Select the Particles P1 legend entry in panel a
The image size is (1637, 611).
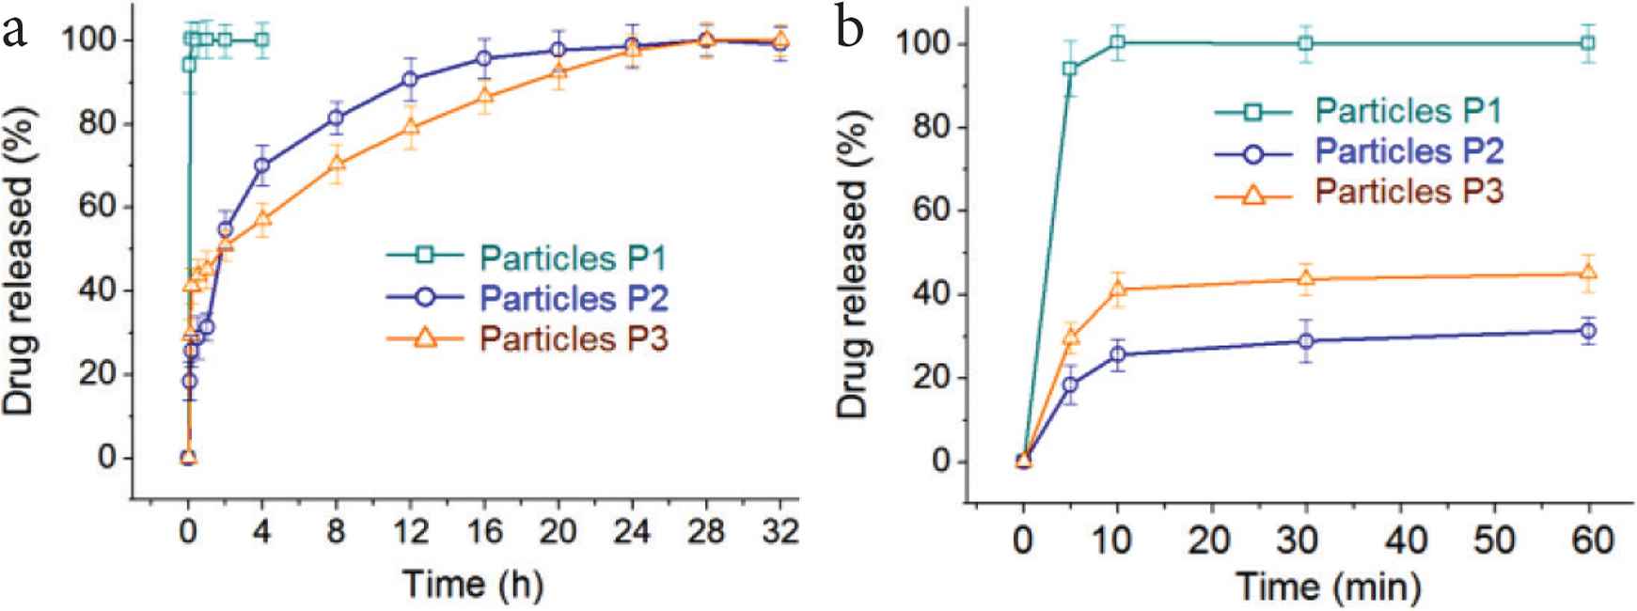[574, 257]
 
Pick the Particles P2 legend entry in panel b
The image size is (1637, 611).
[1408, 151]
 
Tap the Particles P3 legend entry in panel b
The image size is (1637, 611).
[1408, 192]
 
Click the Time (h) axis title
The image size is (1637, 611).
[473, 585]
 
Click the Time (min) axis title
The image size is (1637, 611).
[1328, 587]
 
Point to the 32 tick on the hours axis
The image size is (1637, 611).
[779, 533]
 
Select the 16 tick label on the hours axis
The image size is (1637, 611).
[483, 533]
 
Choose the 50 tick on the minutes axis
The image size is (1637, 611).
[1495, 540]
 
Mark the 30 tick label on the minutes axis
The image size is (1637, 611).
[1305, 540]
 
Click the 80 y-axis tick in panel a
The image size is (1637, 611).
[98, 124]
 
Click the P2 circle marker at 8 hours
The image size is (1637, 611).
[336, 118]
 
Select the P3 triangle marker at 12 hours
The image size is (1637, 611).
[410, 125]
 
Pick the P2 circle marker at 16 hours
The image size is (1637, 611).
[483, 58]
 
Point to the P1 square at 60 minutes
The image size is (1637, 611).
[1588, 43]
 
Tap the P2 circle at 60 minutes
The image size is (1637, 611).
[1588, 330]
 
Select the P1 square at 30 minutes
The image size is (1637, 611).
[1305, 43]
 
